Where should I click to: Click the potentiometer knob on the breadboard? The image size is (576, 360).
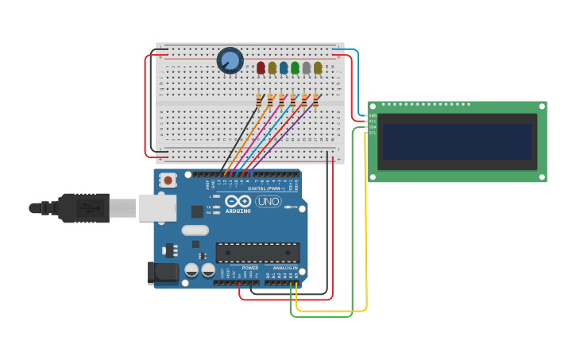click(230, 60)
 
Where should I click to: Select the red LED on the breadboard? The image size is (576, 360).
click(261, 68)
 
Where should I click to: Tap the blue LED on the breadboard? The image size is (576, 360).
click(284, 68)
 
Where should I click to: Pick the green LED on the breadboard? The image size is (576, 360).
click(295, 68)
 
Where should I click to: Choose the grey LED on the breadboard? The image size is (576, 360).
click(307, 68)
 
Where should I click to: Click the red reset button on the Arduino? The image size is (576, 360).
click(168, 180)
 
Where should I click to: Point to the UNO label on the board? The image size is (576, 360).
click(268, 202)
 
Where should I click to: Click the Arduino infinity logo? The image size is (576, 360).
click(238, 201)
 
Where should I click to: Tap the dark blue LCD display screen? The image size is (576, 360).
click(457, 141)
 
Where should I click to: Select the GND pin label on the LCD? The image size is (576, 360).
click(372, 115)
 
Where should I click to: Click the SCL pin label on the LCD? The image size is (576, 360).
click(372, 133)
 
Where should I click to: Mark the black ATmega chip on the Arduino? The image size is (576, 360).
click(257, 253)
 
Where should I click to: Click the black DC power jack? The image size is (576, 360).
click(163, 273)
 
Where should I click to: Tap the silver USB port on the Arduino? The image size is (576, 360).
click(157, 207)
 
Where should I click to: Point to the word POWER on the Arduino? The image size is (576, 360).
click(249, 268)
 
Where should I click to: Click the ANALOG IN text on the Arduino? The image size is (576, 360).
click(284, 268)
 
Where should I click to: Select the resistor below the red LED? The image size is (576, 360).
click(259, 100)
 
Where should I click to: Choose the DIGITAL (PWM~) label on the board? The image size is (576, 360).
click(265, 188)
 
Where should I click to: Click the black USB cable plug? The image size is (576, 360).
click(83, 208)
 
